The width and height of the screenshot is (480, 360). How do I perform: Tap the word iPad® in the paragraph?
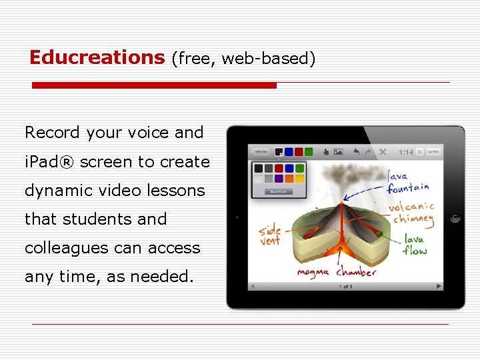point(49,162)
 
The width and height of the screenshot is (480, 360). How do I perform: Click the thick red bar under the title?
point(154,85)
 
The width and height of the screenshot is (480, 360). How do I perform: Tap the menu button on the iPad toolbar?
point(260,152)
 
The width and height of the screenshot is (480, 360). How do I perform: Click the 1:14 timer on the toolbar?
point(405,152)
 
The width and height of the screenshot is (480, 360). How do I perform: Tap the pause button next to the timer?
point(420,152)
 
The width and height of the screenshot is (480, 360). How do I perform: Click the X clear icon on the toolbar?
point(383,152)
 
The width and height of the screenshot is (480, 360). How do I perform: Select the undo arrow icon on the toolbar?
point(356,152)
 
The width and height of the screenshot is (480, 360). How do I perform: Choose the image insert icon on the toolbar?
point(338,152)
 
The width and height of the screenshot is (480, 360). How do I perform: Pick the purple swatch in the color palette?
point(279,179)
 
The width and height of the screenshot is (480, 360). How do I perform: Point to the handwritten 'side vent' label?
point(270,235)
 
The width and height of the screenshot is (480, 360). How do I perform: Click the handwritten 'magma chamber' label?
point(337,272)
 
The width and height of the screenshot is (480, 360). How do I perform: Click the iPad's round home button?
point(455,217)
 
